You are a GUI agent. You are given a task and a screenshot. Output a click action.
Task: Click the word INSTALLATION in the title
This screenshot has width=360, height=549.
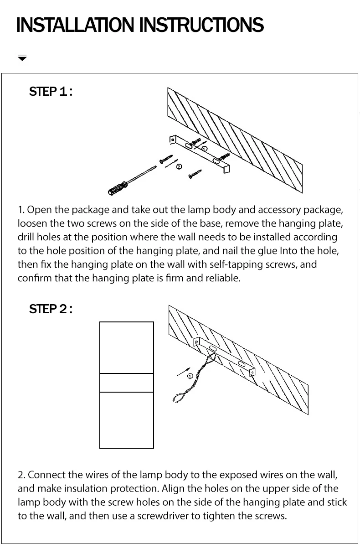point(76,25)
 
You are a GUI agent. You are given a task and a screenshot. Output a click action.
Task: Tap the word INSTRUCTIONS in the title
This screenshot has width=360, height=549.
point(201,25)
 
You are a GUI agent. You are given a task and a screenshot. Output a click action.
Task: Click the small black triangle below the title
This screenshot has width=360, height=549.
point(22,58)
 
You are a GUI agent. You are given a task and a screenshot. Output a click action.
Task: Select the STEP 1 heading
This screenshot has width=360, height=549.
point(51,92)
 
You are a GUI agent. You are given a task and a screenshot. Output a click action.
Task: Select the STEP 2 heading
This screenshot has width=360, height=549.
point(51,309)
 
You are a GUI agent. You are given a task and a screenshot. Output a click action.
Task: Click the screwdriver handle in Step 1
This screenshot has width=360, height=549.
point(116,187)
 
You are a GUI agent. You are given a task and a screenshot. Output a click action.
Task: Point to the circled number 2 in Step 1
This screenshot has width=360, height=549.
point(179,166)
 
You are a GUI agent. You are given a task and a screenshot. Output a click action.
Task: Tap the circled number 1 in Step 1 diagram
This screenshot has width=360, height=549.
point(204,149)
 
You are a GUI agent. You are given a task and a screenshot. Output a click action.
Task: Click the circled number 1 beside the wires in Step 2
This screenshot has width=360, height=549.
point(190,376)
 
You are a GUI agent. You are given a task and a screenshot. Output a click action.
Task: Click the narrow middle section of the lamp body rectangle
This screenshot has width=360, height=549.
point(127,383)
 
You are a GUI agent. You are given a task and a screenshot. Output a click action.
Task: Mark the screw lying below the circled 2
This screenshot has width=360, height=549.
point(195,173)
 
